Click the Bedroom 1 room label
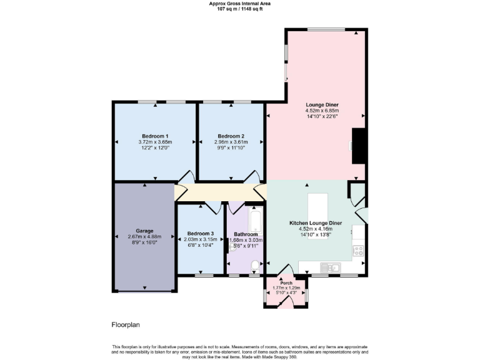pos(155,136)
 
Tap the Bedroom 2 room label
pos(231,136)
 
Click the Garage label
pos(144,231)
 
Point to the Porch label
pos(286,282)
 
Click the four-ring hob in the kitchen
pos(359,250)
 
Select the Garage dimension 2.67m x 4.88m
pos(144,237)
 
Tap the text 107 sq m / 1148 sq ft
pos(239,9)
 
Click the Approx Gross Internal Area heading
pos(239,4)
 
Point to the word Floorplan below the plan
pos(126,325)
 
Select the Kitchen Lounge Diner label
pos(315,223)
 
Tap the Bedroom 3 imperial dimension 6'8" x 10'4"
pos(201,245)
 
